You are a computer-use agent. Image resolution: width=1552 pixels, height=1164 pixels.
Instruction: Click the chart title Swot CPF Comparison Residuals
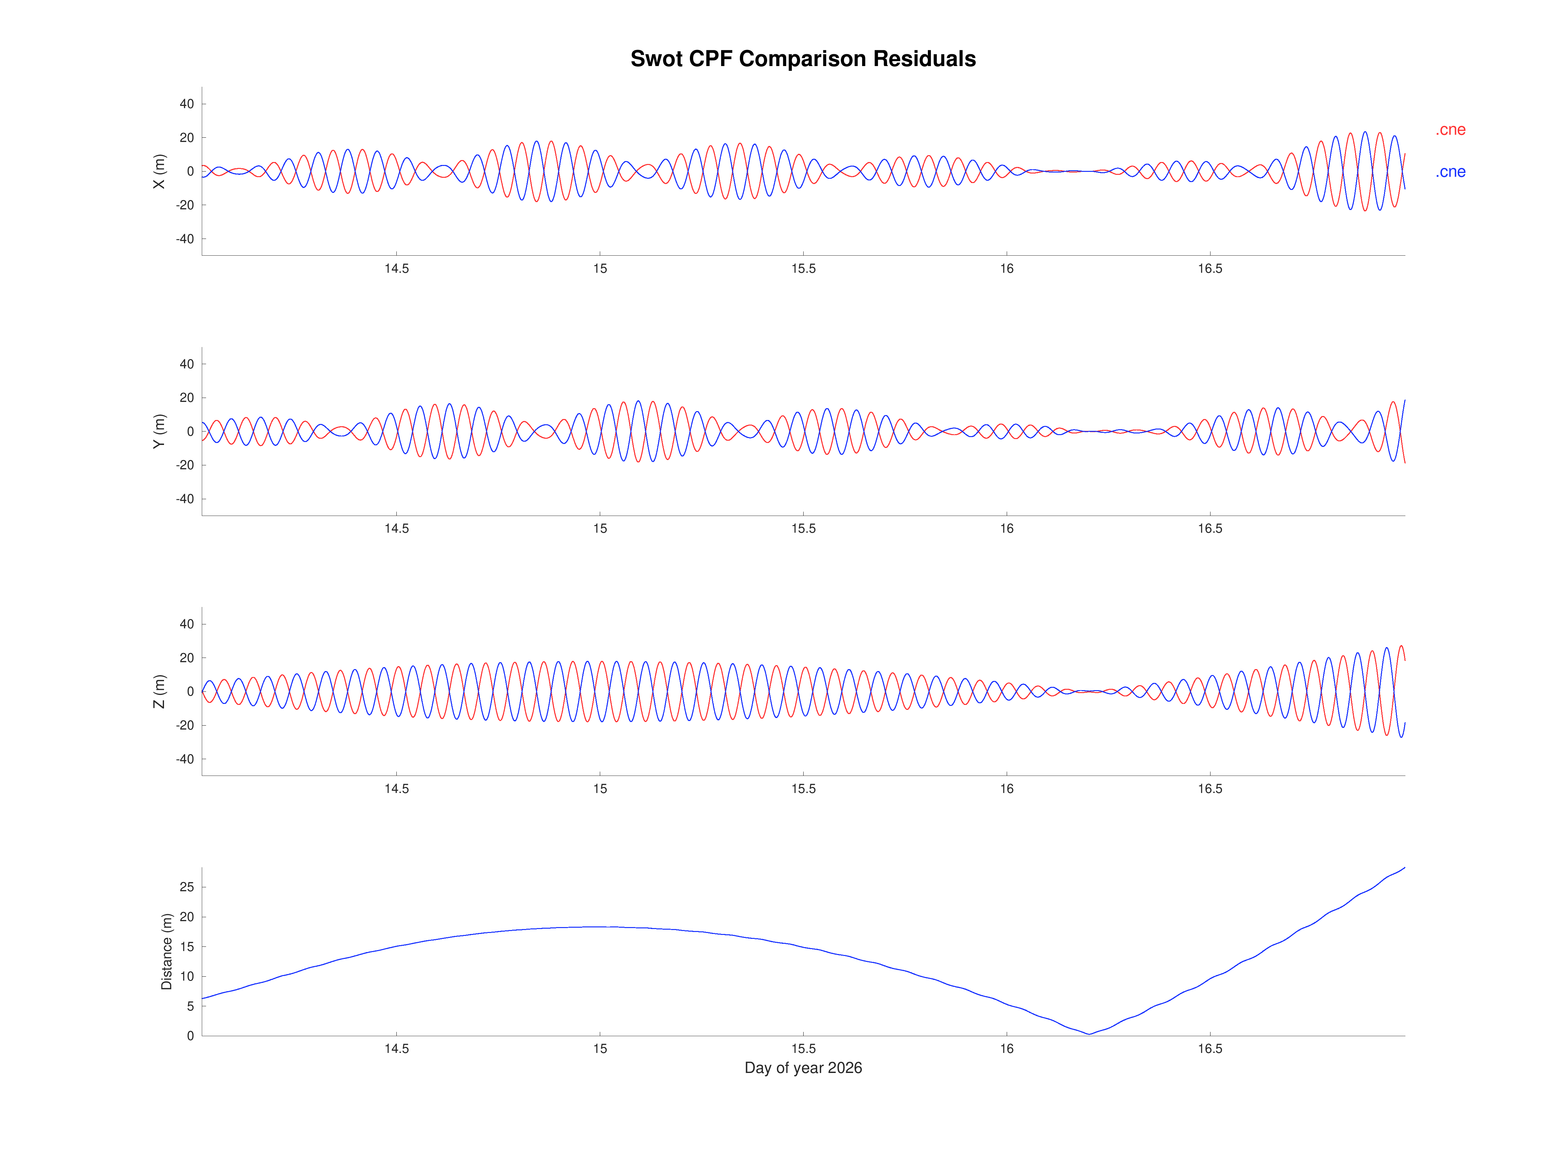pyautogui.click(x=803, y=59)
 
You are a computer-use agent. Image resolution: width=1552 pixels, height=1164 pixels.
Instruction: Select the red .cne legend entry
pyautogui.click(x=1450, y=130)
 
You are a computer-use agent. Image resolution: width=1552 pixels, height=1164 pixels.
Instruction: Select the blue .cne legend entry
pyautogui.click(x=1450, y=172)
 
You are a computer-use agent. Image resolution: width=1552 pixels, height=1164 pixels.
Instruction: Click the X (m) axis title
pyautogui.click(x=159, y=171)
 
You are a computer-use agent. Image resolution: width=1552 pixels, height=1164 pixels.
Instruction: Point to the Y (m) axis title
pyautogui.click(x=159, y=431)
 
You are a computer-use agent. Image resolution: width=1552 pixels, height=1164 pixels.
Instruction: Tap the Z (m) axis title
pyautogui.click(x=159, y=691)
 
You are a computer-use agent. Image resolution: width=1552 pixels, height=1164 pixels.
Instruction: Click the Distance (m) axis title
pyautogui.click(x=166, y=951)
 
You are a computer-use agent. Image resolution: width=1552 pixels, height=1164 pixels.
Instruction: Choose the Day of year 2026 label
pyautogui.click(x=803, y=1068)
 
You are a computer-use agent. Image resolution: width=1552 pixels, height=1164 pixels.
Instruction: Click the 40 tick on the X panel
pyautogui.click(x=187, y=104)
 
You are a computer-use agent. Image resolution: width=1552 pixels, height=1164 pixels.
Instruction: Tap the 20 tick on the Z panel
pyautogui.click(x=187, y=658)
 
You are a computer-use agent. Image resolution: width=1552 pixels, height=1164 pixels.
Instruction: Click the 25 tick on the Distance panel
pyautogui.click(x=187, y=887)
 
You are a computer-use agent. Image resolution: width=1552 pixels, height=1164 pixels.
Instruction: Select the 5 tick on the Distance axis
pyautogui.click(x=190, y=1006)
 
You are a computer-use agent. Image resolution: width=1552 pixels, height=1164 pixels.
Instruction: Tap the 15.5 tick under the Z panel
pyautogui.click(x=803, y=789)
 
